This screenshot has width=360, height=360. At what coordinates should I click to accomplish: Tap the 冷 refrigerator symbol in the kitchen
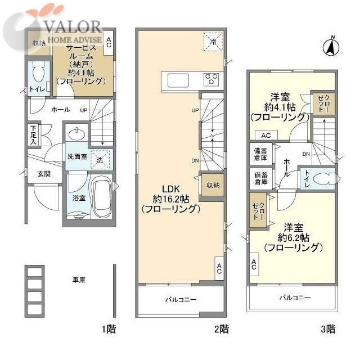(x=213, y=41)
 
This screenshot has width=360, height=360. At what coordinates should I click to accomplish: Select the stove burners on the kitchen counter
(x=211, y=79)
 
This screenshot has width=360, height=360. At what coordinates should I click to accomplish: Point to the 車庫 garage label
(x=78, y=279)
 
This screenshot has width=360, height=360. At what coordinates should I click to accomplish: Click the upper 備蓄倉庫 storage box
(x=260, y=154)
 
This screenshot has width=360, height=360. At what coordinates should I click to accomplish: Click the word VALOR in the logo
(x=76, y=26)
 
